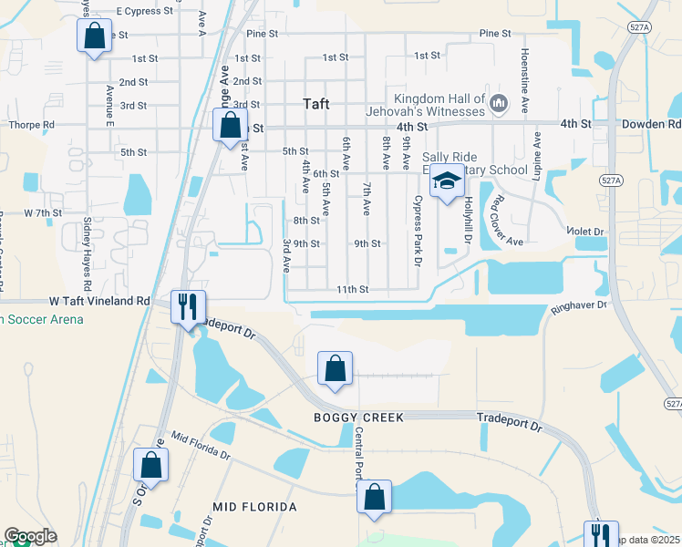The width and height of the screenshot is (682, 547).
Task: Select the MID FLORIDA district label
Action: pos(254,506)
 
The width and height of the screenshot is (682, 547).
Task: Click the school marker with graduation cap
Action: pos(447,183)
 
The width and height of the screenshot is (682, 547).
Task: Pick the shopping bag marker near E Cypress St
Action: pos(93,37)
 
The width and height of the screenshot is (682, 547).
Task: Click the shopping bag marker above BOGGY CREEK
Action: pos(335,369)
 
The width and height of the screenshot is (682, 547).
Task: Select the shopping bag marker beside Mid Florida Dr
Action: pos(150,466)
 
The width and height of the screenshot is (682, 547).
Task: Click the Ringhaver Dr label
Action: pos(579,307)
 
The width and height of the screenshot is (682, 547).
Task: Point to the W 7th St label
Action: pos(41,212)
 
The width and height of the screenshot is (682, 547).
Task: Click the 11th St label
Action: pos(351,289)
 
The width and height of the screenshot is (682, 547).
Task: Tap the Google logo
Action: pos(30,536)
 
